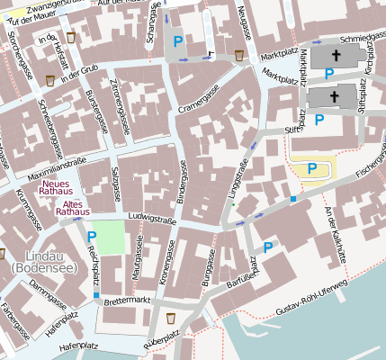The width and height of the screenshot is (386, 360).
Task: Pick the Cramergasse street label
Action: pos(198,101)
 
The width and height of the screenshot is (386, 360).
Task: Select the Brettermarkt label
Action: pos(127,300)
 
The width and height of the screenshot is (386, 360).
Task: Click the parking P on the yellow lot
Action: pos(311,167)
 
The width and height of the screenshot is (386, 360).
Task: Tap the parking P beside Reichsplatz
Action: pos(92,238)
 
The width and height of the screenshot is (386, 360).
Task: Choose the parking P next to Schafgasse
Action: pos(178,41)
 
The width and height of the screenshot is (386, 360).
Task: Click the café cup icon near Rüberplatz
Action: pos(171,318)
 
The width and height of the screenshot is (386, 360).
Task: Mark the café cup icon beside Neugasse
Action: pos(239,55)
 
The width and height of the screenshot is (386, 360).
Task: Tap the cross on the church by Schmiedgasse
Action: pos(336,55)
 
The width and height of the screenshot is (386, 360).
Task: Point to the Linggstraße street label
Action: pos(240,179)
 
